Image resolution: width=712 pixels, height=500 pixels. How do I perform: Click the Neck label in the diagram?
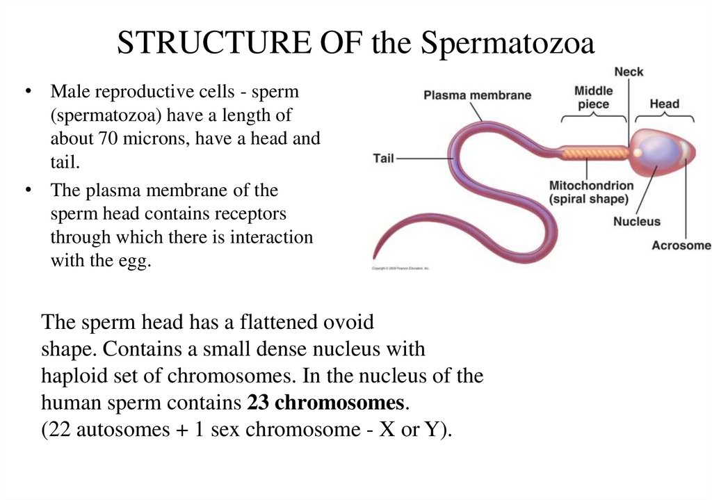coord(629,72)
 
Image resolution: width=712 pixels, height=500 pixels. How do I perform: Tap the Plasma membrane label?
coord(477,95)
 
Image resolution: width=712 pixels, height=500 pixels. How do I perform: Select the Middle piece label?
coord(593,97)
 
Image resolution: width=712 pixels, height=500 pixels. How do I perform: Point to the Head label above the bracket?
coord(664,104)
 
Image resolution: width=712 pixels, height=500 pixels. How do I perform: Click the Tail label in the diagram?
coord(383,159)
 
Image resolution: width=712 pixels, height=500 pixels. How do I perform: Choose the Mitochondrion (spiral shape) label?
coord(591,192)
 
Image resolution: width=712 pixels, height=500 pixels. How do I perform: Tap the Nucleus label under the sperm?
coord(636,222)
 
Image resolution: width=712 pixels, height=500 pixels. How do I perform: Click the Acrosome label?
coord(681,245)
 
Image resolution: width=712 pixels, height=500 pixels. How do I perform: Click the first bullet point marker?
coord(29,92)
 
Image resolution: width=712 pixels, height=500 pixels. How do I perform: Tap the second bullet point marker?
coord(29,190)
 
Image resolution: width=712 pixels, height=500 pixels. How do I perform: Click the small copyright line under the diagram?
coord(400,268)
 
